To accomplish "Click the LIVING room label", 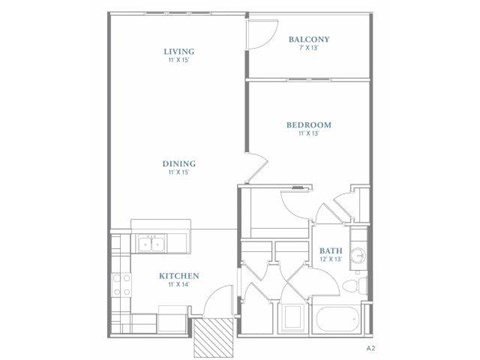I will [x=180, y=51].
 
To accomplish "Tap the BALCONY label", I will [x=309, y=40].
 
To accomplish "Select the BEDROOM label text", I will [x=308, y=125].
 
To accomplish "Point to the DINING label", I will [x=180, y=164].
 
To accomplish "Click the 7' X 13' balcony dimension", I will [x=309, y=49].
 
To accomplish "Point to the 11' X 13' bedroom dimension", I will [x=308, y=134].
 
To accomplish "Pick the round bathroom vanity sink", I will [x=358, y=254].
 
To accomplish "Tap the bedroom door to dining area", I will [x=255, y=165].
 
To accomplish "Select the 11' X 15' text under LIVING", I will [x=180, y=60].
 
